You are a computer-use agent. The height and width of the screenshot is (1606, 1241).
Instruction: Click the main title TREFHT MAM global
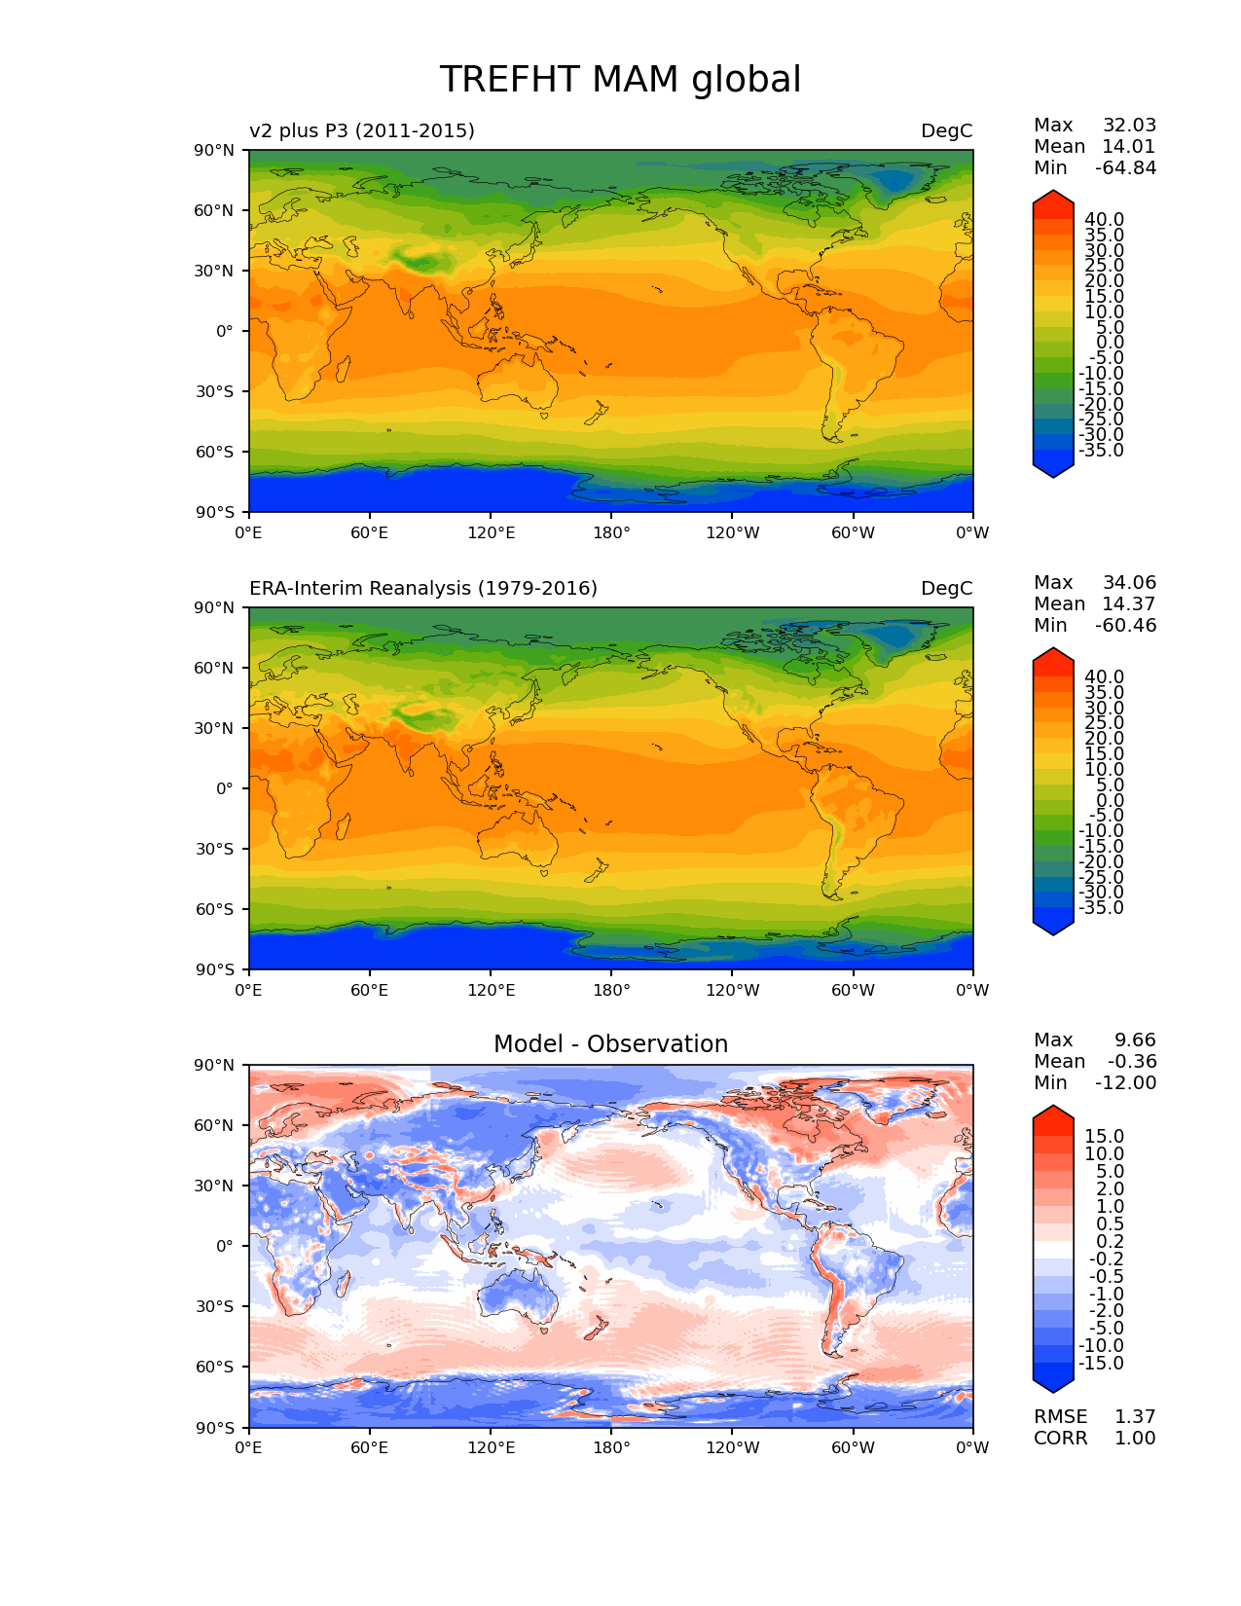(620, 80)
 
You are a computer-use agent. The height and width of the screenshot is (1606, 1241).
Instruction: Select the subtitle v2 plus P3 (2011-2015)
(362, 130)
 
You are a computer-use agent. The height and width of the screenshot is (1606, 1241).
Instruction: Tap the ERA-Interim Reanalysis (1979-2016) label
(423, 588)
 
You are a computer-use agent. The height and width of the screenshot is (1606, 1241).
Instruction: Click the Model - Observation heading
(610, 1044)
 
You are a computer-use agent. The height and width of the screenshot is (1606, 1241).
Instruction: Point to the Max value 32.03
(1129, 126)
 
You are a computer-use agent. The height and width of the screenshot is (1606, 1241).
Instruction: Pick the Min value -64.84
(1125, 168)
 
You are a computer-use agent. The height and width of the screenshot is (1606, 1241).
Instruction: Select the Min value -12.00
(1125, 1083)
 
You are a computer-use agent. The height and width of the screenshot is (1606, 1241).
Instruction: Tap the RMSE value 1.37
(1135, 1417)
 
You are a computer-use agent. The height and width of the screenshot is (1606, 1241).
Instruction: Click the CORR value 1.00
(1135, 1439)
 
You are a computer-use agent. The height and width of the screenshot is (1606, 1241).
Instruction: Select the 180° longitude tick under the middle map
(611, 991)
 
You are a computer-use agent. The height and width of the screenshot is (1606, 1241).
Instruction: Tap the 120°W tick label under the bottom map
(733, 1448)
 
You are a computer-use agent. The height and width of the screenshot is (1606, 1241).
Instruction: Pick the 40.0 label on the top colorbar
(1104, 220)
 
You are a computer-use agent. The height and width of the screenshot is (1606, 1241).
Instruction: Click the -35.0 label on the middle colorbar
(1101, 908)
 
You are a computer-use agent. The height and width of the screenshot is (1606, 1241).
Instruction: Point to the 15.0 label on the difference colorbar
(1104, 1137)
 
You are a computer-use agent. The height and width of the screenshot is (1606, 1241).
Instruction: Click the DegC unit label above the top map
(946, 131)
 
